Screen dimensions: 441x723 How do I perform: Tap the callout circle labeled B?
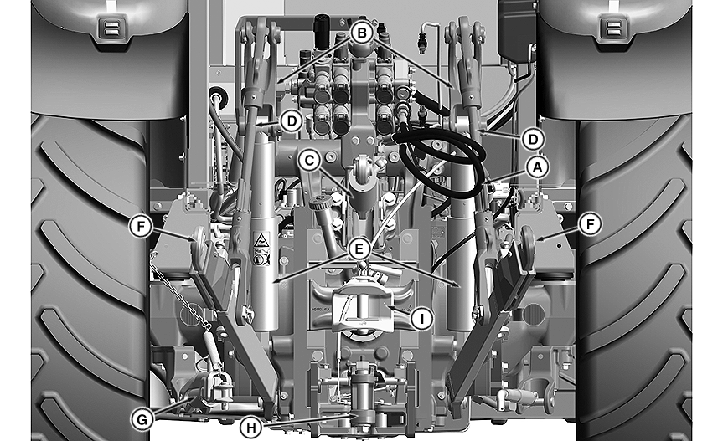pos(360,33)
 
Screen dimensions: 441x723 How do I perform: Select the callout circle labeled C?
pos(309,158)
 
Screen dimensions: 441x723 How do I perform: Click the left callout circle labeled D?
pos(290,121)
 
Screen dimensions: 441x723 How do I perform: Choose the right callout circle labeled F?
pos(591,224)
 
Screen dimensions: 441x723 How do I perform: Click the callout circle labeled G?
pos(142,413)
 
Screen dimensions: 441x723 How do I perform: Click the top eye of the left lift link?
pos(266,35)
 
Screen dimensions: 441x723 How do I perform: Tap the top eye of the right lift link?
pos(462,35)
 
